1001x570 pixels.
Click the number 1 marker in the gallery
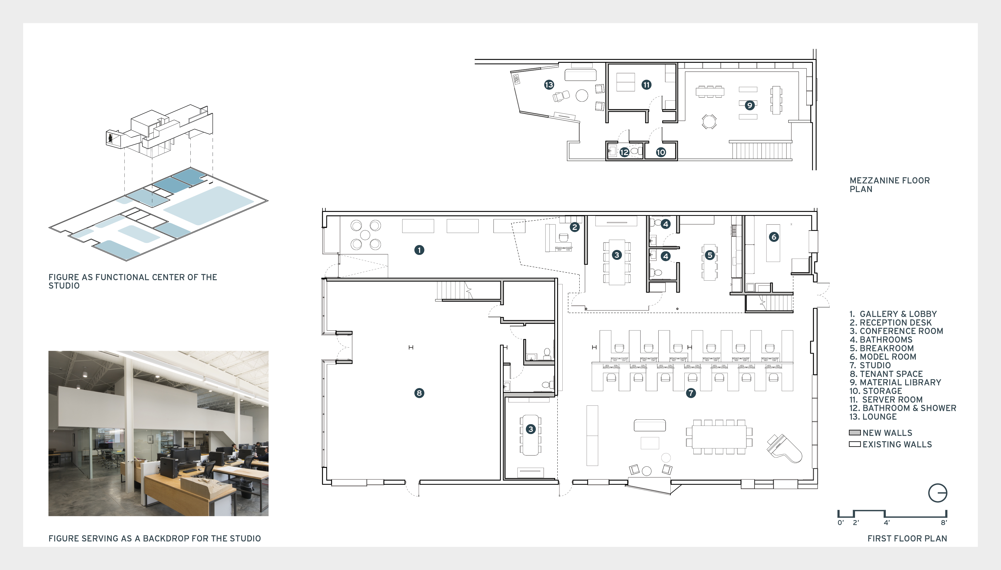coord(419,250)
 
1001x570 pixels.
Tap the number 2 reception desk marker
coord(575,227)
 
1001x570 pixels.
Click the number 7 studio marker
coord(691,393)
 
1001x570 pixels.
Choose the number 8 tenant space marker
coord(419,393)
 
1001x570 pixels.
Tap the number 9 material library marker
coord(750,105)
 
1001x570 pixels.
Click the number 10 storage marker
coord(661,152)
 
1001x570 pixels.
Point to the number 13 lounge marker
coord(549,85)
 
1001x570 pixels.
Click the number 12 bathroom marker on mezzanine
coord(624,152)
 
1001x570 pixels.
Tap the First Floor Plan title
coord(907,538)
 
